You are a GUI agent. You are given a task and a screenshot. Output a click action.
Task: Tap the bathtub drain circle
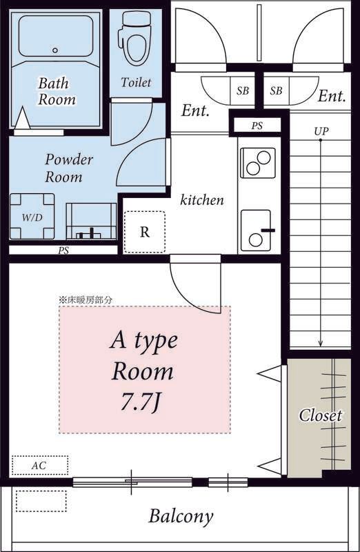click(x=55, y=50)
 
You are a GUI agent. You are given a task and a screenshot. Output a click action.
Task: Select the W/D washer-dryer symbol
click(x=32, y=217)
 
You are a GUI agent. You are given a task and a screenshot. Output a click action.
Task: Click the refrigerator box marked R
click(x=145, y=232)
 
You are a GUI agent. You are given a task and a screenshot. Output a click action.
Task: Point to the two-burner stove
click(x=258, y=163)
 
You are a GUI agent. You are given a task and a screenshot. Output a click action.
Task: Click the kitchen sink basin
click(x=256, y=230)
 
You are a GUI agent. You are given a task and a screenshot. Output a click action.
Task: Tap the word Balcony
click(x=181, y=517)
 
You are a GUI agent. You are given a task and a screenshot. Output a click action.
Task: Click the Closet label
click(x=320, y=415)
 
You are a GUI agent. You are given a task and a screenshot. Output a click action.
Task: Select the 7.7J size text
click(x=141, y=404)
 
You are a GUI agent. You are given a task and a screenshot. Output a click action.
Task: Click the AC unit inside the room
click(x=40, y=465)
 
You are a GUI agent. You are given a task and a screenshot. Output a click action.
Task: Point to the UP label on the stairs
click(x=321, y=131)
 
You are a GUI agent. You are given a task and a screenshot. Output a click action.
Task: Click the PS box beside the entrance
click(x=257, y=126)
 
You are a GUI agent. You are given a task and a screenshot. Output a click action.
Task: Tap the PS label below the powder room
click(x=63, y=250)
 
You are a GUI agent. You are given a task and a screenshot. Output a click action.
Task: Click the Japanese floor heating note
click(x=86, y=300)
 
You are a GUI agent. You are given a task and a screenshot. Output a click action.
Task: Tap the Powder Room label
click(x=69, y=168)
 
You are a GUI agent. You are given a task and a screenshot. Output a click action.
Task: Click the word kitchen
click(x=202, y=200)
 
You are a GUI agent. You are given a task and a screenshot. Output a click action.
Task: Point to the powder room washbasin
click(x=91, y=221)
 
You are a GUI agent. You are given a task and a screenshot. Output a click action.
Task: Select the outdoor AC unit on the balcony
click(x=41, y=502)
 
